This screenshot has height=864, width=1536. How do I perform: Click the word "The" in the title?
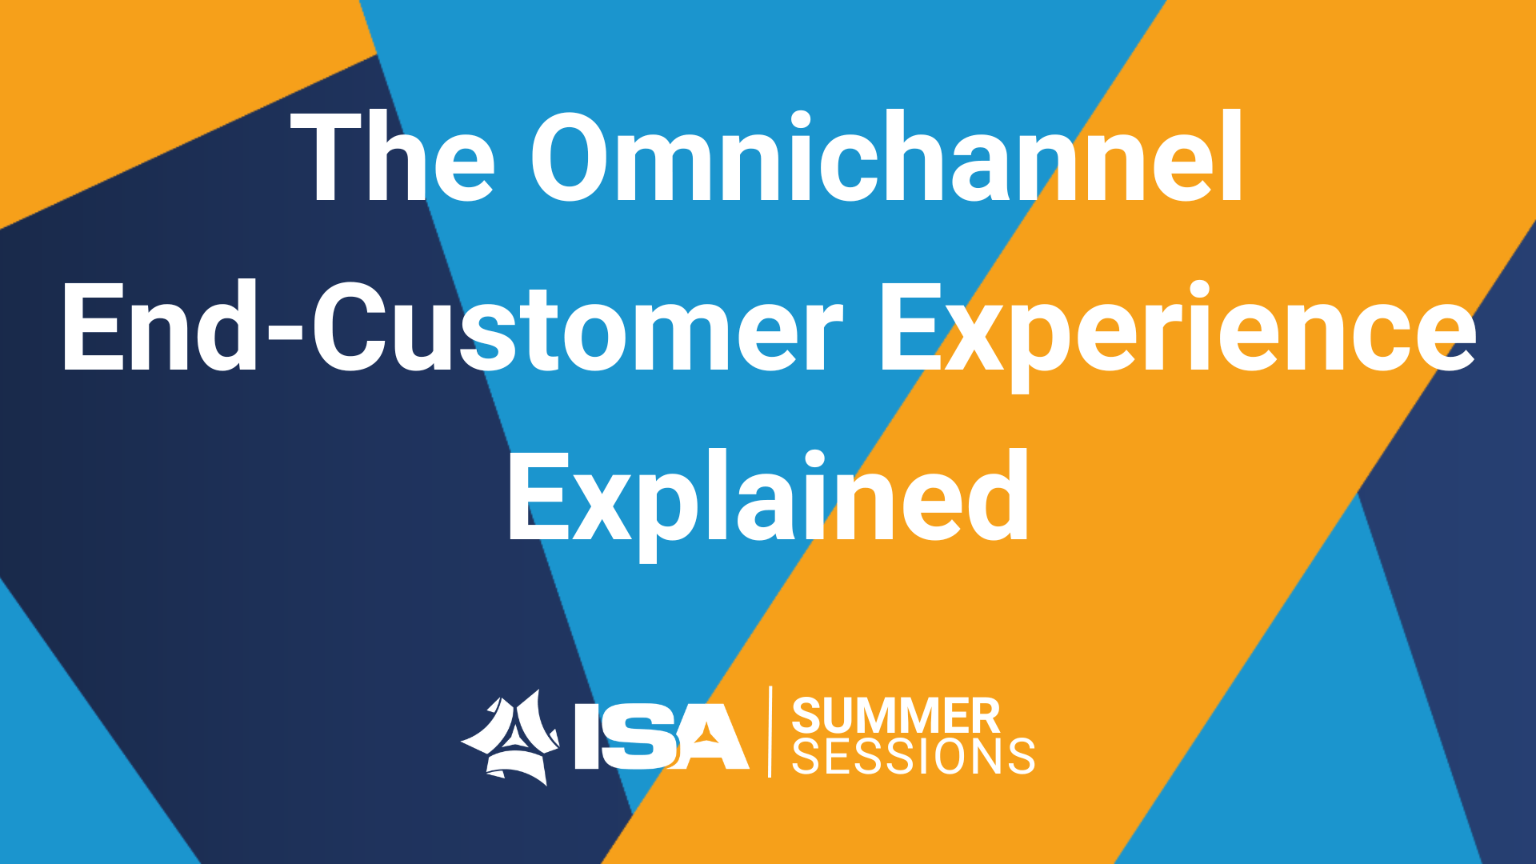(392, 156)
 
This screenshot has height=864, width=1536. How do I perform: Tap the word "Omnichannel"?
(886, 155)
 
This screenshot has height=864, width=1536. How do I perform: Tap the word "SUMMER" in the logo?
(896, 715)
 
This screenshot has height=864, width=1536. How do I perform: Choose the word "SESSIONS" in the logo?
(913, 756)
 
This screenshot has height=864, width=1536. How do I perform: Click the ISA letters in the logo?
(662, 737)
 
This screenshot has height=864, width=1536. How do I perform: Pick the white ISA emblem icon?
(510, 738)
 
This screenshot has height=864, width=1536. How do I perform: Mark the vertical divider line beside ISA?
(770, 731)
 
